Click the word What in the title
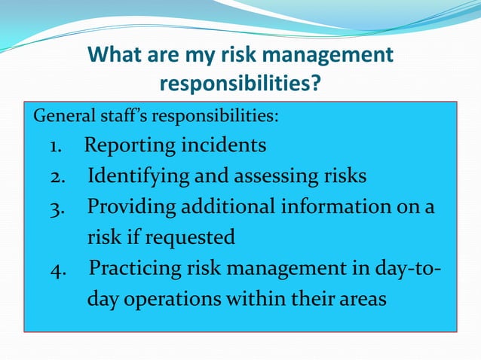[115, 55]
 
